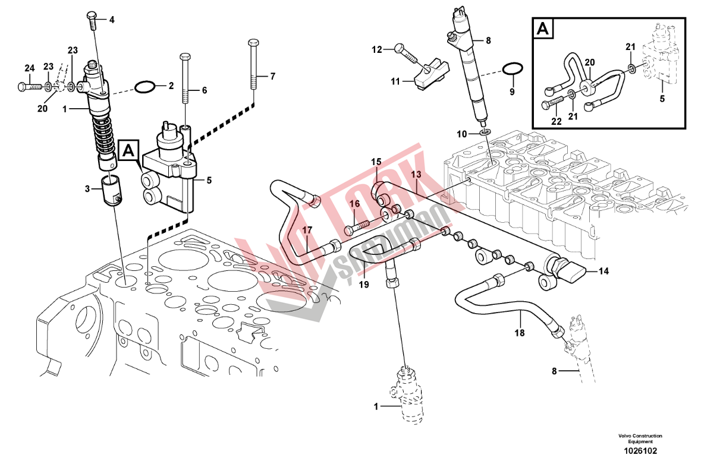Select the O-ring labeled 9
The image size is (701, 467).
pyautogui.click(x=512, y=70)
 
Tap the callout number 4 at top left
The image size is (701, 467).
pyautogui.click(x=111, y=19)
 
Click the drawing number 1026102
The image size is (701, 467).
pyautogui.click(x=640, y=451)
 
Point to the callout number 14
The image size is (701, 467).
pyautogui.click(x=603, y=272)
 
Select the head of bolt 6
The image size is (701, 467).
pyautogui.click(x=184, y=57)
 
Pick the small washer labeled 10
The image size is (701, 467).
pyautogui.click(x=484, y=131)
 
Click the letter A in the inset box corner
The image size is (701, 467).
pyautogui.click(x=542, y=28)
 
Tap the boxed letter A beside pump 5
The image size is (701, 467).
pyautogui.click(x=128, y=152)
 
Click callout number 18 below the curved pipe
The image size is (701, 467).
pyautogui.click(x=520, y=333)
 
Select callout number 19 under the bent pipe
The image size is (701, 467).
pyautogui.click(x=364, y=285)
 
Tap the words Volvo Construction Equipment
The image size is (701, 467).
pyautogui.click(x=640, y=439)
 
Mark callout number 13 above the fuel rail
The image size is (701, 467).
pyautogui.click(x=416, y=174)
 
